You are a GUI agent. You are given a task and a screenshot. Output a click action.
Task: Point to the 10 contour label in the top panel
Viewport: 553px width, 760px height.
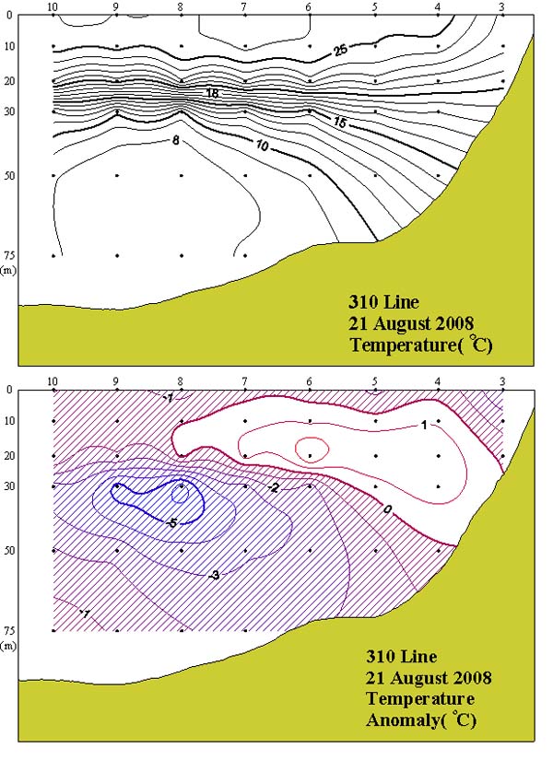tap(264, 146)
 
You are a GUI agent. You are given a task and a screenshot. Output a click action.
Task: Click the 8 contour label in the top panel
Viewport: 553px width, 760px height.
tap(175, 140)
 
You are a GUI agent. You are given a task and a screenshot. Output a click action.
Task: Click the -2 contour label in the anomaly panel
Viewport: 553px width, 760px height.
tap(274, 487)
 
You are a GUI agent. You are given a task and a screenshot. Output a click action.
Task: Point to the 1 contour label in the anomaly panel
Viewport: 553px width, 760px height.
tap(423, 425)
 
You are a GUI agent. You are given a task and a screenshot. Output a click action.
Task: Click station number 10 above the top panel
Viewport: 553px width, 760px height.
tap(53, 7)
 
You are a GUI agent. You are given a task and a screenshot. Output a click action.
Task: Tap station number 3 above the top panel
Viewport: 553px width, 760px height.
tap(500, 7)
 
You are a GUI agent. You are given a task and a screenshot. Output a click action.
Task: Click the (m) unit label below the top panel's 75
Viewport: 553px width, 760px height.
tap(9, 270)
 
